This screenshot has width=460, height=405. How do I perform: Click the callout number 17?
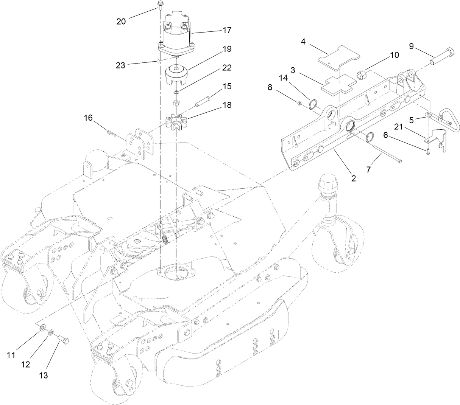(x=227, y=30)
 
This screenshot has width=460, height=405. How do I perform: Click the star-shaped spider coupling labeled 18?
(x=176, y=123)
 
